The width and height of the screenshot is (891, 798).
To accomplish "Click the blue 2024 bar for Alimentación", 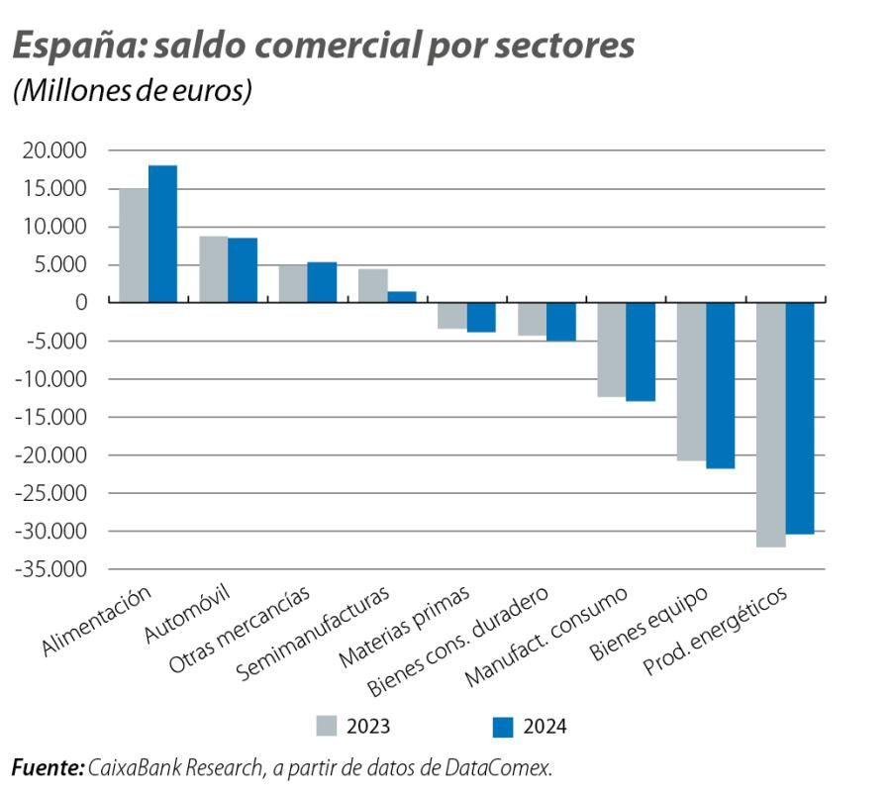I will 162,234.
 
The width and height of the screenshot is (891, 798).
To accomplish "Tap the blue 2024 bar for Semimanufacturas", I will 401,296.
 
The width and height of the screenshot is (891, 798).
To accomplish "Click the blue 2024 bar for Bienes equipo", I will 720,385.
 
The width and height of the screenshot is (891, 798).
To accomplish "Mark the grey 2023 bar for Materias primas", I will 452,315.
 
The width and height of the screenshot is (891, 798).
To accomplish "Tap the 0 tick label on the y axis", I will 81,303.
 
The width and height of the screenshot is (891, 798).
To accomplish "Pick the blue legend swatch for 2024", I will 503,727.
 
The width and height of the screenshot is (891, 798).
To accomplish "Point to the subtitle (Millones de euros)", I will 132,90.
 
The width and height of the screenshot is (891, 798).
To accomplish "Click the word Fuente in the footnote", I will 46,767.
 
